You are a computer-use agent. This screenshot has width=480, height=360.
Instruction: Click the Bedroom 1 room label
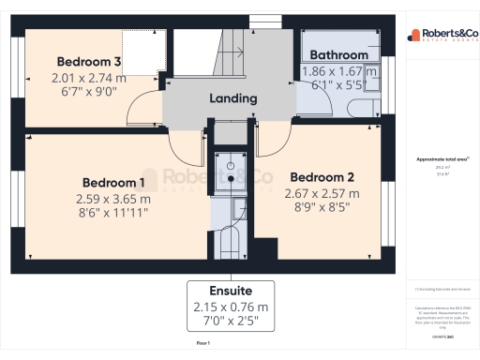click(x=112, y=182)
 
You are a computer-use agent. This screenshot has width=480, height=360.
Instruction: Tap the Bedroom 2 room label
click(x=322, y=177)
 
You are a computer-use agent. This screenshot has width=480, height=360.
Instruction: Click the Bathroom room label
click(x=339, y=55)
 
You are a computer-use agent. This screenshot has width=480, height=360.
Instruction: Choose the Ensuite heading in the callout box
click(x=231, y=291)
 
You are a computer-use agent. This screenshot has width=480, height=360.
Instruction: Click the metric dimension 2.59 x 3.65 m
click(x=112, y=199)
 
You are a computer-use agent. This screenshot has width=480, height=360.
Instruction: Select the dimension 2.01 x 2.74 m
click(x=90, y=80)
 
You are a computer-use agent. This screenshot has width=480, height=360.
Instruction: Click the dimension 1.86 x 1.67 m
click(x=339, y=70)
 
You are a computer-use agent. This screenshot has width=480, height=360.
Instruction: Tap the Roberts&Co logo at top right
click(x=442, y=36)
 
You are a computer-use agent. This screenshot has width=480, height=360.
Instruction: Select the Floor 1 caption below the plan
click(x=202, y=344)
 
